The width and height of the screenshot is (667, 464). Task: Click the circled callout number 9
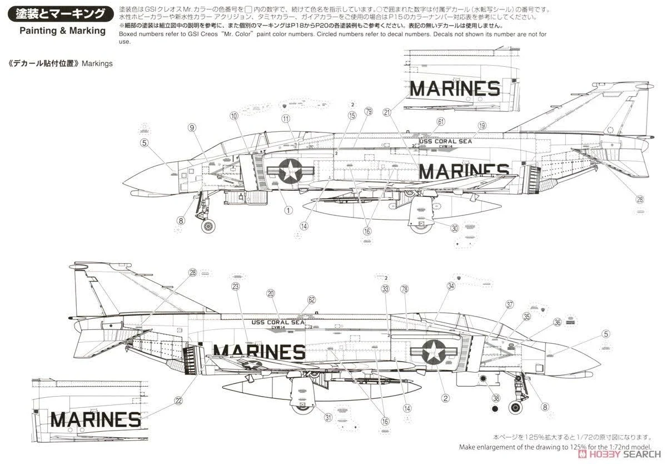(x=192, y=128)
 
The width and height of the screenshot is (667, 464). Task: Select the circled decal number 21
(x=387, y=112)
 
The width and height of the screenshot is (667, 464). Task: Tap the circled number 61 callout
(x=441, y=121)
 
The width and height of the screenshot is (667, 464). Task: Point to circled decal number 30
(x=454, y=228)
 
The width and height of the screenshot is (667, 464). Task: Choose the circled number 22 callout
(x=178, y=400)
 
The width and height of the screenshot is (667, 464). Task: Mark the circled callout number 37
(x=509, y=304)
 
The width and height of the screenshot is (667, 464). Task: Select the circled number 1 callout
(x=288, y=210)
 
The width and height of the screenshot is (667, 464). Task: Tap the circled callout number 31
(x=328, y=418)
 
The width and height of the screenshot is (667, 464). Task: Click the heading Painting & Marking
(x=62, y=30)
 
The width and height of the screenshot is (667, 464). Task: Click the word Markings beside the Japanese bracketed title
(x=97, y=63)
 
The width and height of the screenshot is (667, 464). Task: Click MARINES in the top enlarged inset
(x=455, y=88)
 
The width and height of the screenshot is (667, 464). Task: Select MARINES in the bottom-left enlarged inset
(x=96, y=419)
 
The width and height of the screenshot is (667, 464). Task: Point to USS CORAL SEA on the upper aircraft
(x=445, y=141)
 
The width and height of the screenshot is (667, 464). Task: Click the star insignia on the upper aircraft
(x=290, y=170)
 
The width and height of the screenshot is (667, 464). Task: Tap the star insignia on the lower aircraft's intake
(x=432, y=352)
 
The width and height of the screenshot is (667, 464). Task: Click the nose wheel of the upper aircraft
(x=208, y=226)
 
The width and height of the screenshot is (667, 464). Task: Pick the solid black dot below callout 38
(x=495, y=410)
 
